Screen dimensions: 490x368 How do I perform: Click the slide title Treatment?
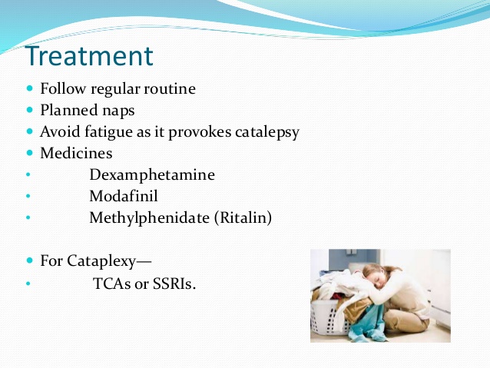[89, 56]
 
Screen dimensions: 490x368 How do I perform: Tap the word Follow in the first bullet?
[62, 88]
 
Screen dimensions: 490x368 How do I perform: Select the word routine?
[170, 88]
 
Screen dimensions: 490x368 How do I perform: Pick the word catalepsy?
[267, 132]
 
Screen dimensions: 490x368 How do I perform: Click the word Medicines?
[76, 153]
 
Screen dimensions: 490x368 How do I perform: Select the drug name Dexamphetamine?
[152, 174]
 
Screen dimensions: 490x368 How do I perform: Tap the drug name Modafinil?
[124, 196]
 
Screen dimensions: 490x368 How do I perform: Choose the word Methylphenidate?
[149, 218]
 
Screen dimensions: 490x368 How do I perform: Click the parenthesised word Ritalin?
[243, 217]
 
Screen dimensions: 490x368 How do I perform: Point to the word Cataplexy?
[101, 260]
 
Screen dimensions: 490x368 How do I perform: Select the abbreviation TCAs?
[112, 284]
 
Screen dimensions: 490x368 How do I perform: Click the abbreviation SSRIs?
[174, 284]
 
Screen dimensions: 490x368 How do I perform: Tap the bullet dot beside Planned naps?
[30, 110]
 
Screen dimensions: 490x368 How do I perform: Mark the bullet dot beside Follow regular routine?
[30, 88]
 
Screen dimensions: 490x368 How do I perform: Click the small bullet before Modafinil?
[28, 196]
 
